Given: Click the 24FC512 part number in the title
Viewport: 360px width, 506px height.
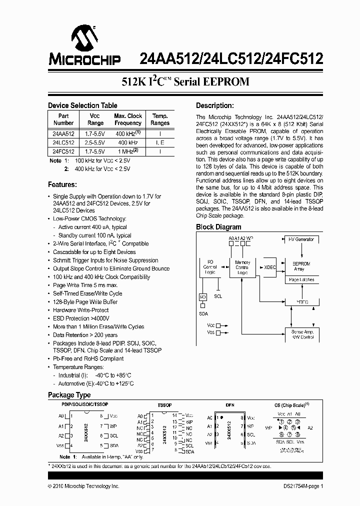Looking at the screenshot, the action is [x=294, y=59].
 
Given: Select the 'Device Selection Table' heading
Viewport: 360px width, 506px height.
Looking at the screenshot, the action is [x=82, y=105].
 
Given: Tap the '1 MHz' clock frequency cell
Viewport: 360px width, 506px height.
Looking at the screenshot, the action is [x=128, y=151].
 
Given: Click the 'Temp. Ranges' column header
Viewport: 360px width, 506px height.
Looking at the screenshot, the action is [x=160, y=119].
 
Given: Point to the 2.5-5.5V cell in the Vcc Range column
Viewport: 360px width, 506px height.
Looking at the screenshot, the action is [x=95, y=142].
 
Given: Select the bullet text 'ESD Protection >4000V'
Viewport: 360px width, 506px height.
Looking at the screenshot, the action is [x=81, y=318].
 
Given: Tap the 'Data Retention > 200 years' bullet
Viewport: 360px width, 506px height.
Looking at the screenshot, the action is [x=85, y=335].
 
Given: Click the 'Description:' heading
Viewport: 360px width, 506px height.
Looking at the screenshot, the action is [x=214, y=105].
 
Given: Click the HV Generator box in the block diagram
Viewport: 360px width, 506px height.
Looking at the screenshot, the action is [x=301, y=239].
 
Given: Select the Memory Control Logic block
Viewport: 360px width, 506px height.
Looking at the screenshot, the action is [x=242, y=267].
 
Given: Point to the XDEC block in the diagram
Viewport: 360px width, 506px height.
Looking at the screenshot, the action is [x=269, y=267].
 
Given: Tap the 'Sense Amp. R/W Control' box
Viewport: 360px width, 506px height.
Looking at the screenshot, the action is [x=301, y=334].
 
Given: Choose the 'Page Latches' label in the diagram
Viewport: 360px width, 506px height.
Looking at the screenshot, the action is [x=301, y=280].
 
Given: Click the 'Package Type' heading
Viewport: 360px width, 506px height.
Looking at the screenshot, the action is [x=69, y=395].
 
